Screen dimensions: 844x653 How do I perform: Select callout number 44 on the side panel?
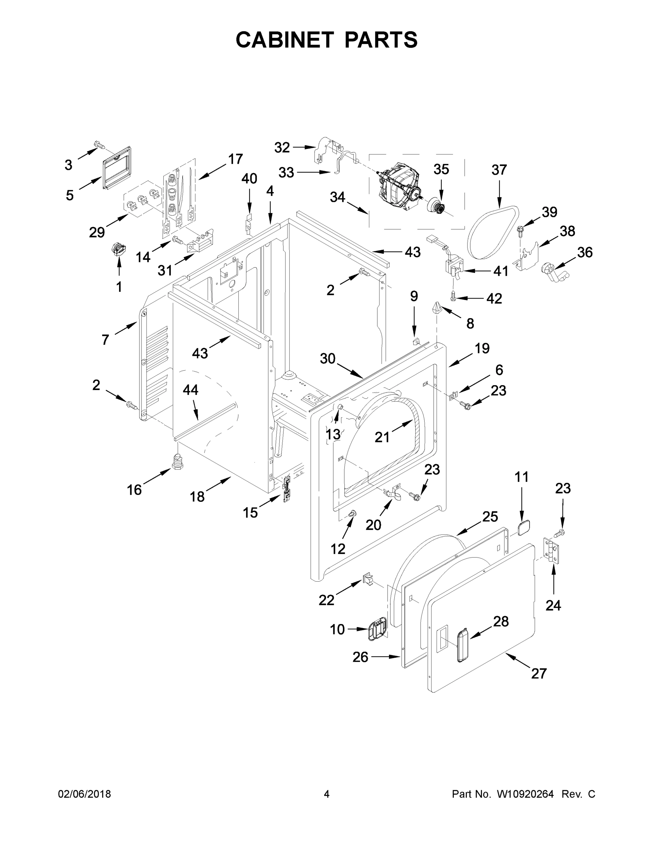pos(190,390)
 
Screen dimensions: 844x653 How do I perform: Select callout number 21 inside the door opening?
pos(382,437)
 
